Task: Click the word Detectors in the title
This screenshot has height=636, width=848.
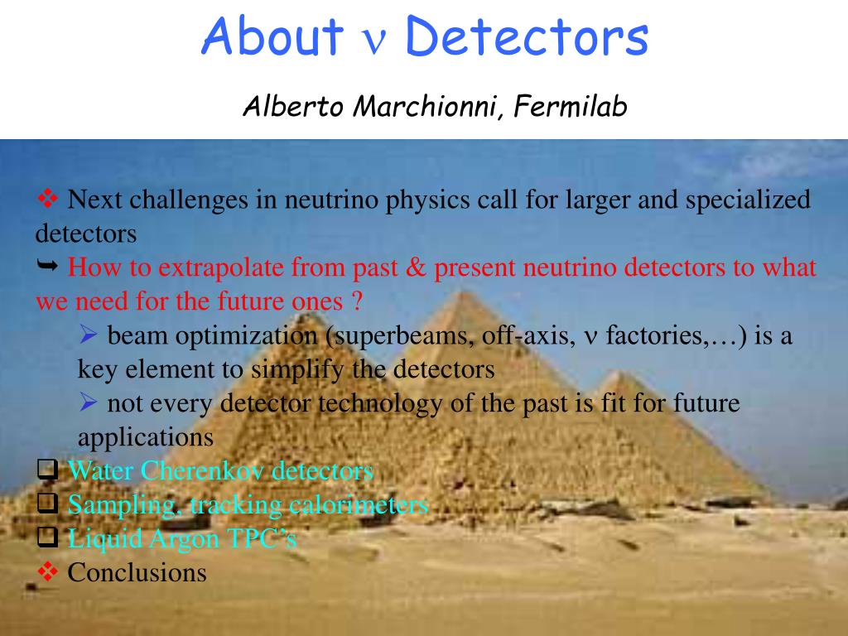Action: [527, 36]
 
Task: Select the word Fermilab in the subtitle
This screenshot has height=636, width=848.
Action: [570, 105]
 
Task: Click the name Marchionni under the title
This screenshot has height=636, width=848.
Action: [425, 105]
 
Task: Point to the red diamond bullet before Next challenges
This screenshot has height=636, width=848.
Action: [47, 199]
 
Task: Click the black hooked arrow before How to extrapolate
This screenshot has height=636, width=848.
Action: [47, 265]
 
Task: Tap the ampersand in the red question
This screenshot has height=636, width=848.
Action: [416, 267]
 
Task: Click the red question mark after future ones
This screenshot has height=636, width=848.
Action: [356, 301]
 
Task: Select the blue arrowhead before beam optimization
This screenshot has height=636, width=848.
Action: [89, 335]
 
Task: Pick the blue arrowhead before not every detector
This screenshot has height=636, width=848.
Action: [89, 402]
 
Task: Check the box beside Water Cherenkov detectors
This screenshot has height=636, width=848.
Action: [47, 470]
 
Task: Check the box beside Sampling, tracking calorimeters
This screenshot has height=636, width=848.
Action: [47, 503]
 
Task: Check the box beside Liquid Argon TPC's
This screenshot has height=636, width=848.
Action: [47, 537]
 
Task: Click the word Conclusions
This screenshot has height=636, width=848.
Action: [137, 572]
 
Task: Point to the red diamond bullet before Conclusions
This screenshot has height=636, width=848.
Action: [47, 571]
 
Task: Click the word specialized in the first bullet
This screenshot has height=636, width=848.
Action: [748, 200]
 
